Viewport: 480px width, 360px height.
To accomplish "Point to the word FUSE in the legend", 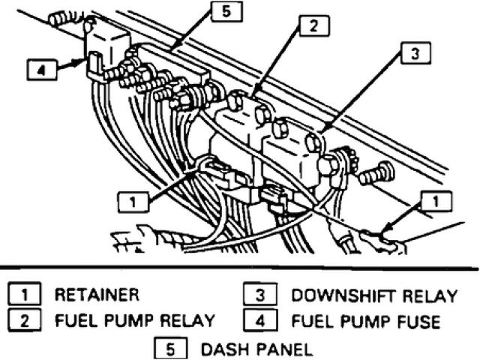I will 415,321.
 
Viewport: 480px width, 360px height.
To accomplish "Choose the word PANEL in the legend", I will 276,348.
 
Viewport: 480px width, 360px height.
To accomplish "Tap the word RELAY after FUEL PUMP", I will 188,321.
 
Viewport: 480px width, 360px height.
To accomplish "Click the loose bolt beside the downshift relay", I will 376,175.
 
